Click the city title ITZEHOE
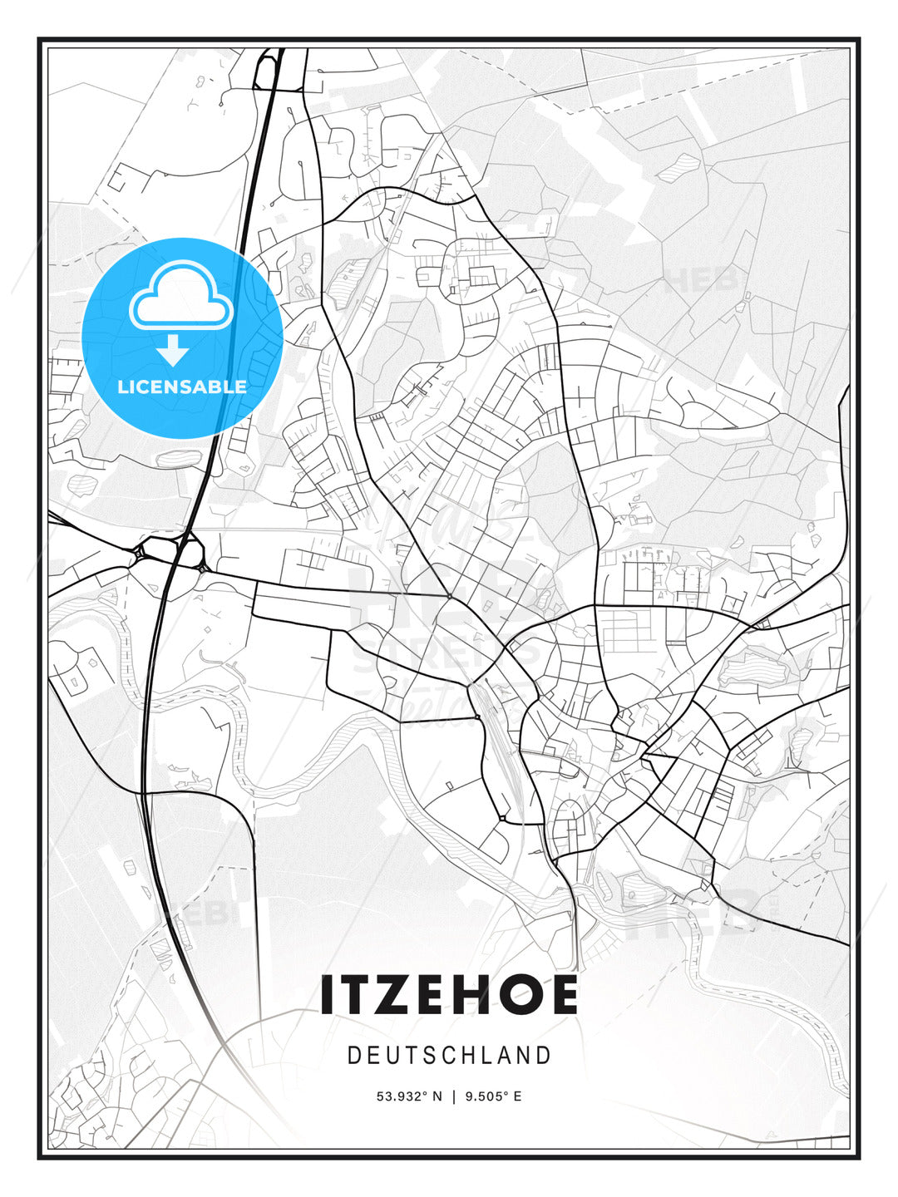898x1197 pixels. (449, 995)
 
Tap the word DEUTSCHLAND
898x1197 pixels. (449, 1056)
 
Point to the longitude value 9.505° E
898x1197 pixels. (494, 1096)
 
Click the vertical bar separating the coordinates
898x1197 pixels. (454, 1096)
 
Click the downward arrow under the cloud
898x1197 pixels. (173, 351)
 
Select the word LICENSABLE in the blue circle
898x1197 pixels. (182, 387)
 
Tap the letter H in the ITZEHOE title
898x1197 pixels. (474, 995)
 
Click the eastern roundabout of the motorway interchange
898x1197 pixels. (191, 551)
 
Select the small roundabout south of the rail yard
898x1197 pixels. (502, 819)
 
